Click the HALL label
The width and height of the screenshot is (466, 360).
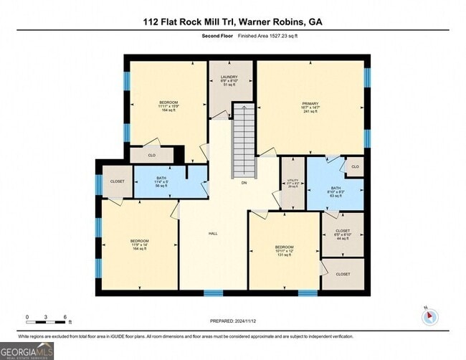click(x=213, y=234)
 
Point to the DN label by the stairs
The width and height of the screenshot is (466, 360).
click(x=244, y=183)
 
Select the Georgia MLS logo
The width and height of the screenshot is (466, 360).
click(x=27, y=350)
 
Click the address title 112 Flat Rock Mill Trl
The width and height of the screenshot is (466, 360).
click(x=232, y=22)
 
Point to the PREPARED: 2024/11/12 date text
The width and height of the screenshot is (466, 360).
click(x=233, y=322)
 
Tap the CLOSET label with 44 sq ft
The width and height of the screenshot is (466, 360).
click(x=342, y=232)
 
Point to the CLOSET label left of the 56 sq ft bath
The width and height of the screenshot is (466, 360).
click(x=117, y=181)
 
